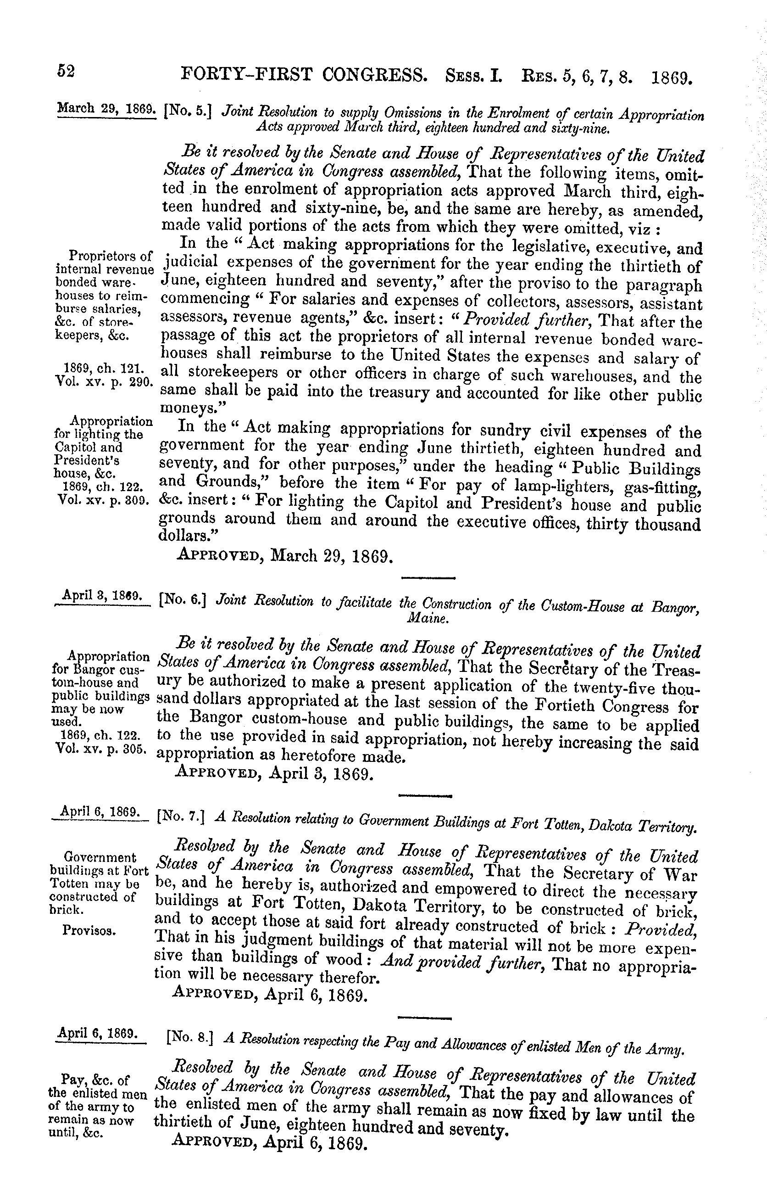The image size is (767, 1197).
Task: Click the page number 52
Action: coord(66,71)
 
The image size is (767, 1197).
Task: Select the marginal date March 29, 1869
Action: coord(106,95)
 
